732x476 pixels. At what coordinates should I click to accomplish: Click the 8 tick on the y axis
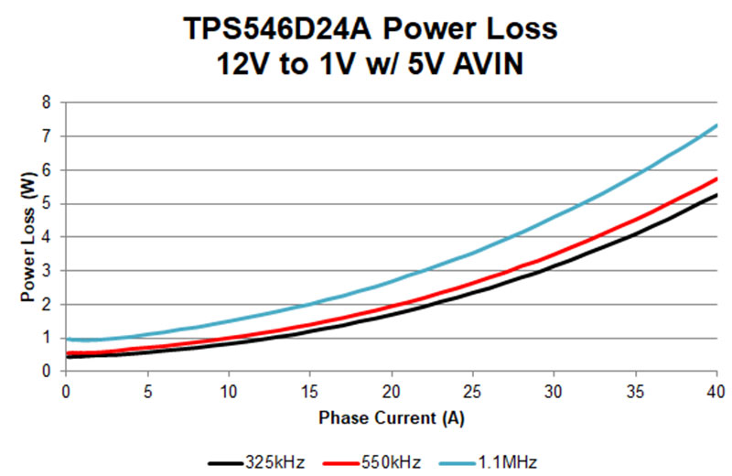pos(45,103)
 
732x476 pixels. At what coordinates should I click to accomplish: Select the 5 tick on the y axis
pos(45,203)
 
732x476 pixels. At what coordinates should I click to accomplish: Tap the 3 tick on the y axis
pos(45,270)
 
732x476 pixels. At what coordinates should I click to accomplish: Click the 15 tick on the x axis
pos(309,391)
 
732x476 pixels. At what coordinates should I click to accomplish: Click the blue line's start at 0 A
pos(66,340)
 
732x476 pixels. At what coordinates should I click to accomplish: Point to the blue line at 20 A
pos(391,281)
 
